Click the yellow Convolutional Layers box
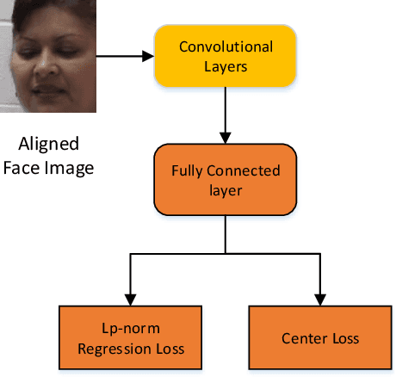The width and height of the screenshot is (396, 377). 225,55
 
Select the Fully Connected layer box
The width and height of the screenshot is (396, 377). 225,180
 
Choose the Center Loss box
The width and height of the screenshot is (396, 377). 321,338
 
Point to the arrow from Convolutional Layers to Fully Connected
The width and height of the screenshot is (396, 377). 225,114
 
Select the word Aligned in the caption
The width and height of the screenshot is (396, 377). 48,144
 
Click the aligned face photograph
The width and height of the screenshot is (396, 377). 48,56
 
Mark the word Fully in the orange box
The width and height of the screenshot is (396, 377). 188,170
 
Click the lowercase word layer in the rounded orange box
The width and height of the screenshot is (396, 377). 225,190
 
